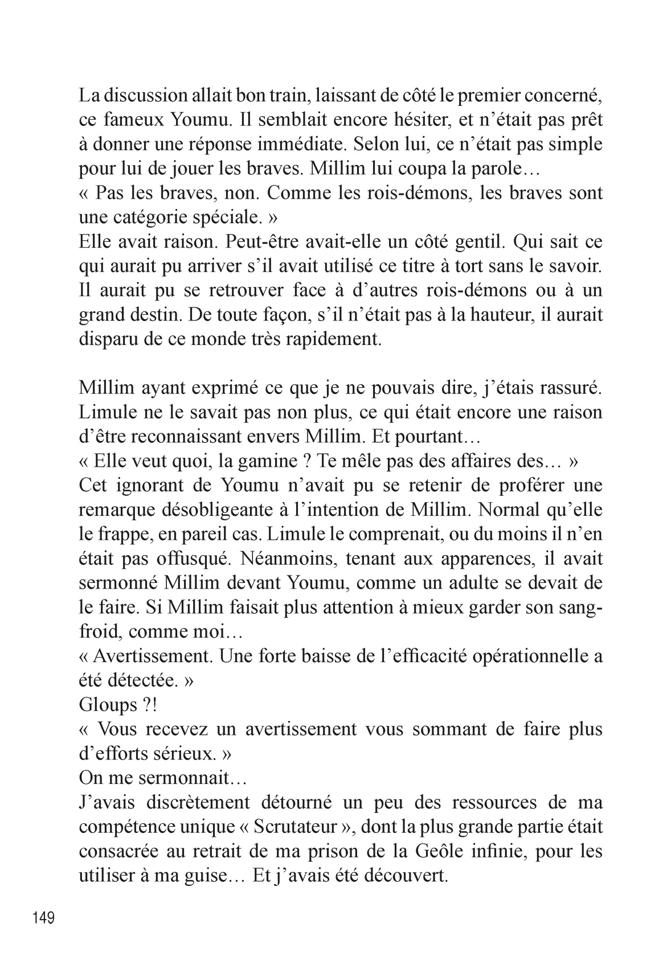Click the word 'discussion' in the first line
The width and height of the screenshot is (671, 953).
148,96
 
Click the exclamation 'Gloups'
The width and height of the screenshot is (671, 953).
108,705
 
